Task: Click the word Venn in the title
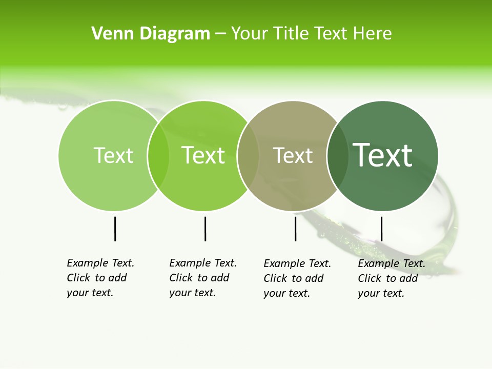(x=107, y=34)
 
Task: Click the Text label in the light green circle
(x=113, y=155)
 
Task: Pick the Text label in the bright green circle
(x=203, y=155)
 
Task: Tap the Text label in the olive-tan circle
(x=293, y=155)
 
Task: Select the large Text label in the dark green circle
(x=382, y=155)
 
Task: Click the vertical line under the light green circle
(x=115, y=229)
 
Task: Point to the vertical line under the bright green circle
(x=205, y=229)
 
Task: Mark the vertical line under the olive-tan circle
(x=295, y=229)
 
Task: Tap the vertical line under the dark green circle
(x=381, y=229)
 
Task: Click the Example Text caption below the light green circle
(x=100, y=278)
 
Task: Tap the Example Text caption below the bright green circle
(x=203, y=278)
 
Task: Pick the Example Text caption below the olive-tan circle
(x=297, y=278)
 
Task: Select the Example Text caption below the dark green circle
(x=392, y=278)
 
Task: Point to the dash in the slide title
(x=220, y=34)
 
